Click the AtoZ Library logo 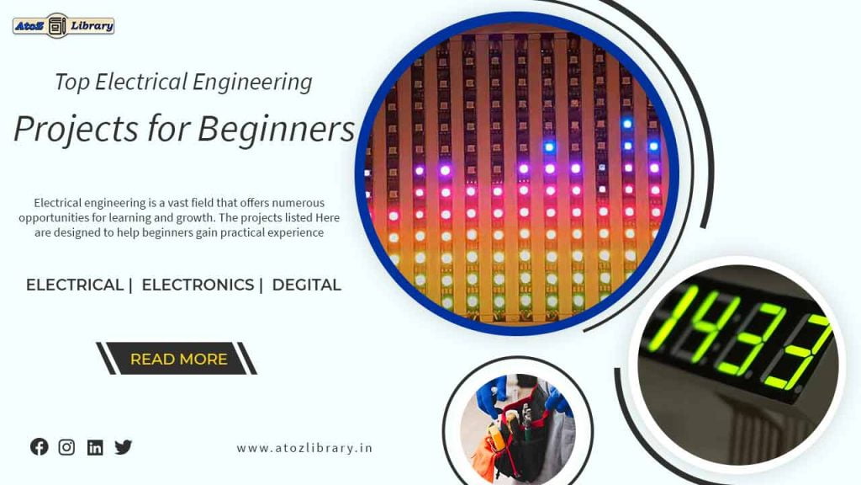click(63, 25)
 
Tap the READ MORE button click(178, 359)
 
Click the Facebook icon click(39, 447)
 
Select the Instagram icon click(66, 447)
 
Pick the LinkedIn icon click(95, 448)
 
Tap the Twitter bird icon click(124, 447)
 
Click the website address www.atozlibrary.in click(304, 448)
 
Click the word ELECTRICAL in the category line click(75, 285)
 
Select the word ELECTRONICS click(198, 285)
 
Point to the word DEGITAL click(307, 285)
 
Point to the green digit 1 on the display click(663, 320)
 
